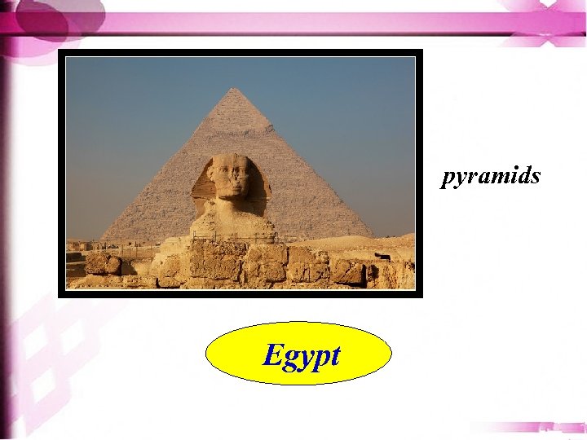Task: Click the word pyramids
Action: click(x=491, y=176)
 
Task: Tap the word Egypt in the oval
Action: click(x=302, y=356)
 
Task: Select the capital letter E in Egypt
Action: click(x=273, y=354)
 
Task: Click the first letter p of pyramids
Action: click(x=448, y=178)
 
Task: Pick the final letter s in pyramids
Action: click(x=535, y=176)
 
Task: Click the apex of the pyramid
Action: click(x=233, y=89)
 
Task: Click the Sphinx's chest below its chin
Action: click(x=234, y=213)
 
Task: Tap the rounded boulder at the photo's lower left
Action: click(x=104, y=264)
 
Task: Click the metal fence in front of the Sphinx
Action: click(x=236, y=238)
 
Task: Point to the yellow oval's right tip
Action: click(x=391, y=353)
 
